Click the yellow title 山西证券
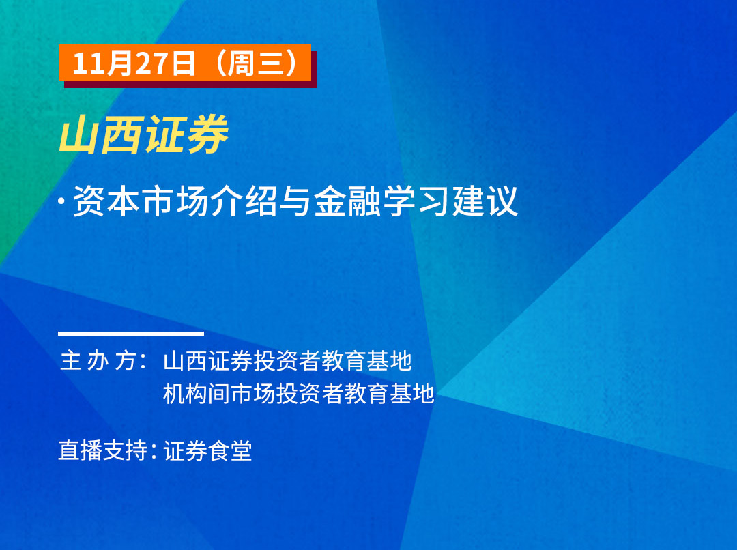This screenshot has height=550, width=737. point(144,134)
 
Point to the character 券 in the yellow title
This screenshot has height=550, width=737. point(207,134)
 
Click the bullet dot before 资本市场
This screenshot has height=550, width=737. point(61,201)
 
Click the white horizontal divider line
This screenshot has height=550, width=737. point(131,334)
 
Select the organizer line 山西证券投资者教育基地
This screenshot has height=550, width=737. point(288,361)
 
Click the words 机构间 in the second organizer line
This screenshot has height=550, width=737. point(197,394)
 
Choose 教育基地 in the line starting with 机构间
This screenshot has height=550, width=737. point(389,394)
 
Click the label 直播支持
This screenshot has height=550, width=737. point(103,450)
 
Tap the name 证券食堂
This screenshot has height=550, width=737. point(207,450)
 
